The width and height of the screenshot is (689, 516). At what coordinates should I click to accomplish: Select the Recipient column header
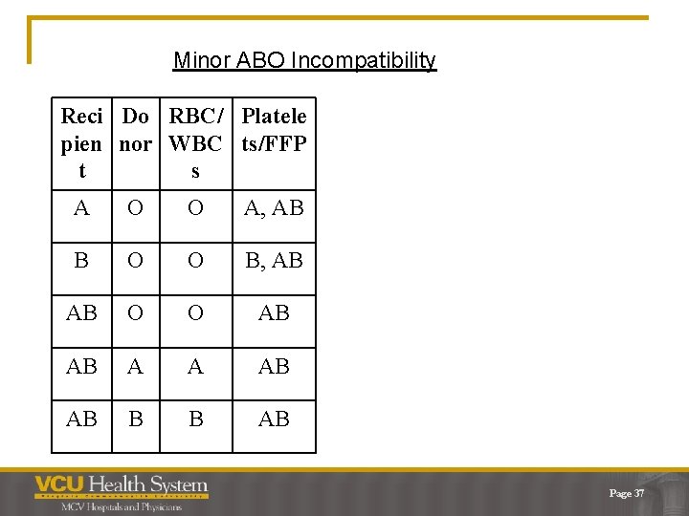tap(81, 143)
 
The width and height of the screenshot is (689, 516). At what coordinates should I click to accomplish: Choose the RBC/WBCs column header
tap(195, 143)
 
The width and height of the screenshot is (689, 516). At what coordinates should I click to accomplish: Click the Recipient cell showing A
tap(81, 207)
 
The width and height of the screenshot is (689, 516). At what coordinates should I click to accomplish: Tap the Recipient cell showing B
tap(81, 260)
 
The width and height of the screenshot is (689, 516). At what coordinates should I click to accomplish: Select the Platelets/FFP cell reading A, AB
tap(274, 207)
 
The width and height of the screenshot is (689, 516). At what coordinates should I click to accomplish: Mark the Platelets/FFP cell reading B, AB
tap(274, 260)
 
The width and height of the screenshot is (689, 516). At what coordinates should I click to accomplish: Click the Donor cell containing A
tap(135, 366)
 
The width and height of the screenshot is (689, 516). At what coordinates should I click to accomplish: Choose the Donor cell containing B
tap(135, 419)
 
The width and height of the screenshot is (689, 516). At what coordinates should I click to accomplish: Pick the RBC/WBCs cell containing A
tap(195, 366)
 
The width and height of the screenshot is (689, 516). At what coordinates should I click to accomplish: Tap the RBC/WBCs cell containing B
tap(195, 419)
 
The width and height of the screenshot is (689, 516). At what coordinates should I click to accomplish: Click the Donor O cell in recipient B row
tap(135, 260)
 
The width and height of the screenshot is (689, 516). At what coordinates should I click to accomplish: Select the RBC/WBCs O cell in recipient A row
tap(195, 207)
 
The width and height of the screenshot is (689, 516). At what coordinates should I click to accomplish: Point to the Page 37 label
tap(626, 493)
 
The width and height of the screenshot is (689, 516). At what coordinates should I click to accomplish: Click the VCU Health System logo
tap(121, 486)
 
